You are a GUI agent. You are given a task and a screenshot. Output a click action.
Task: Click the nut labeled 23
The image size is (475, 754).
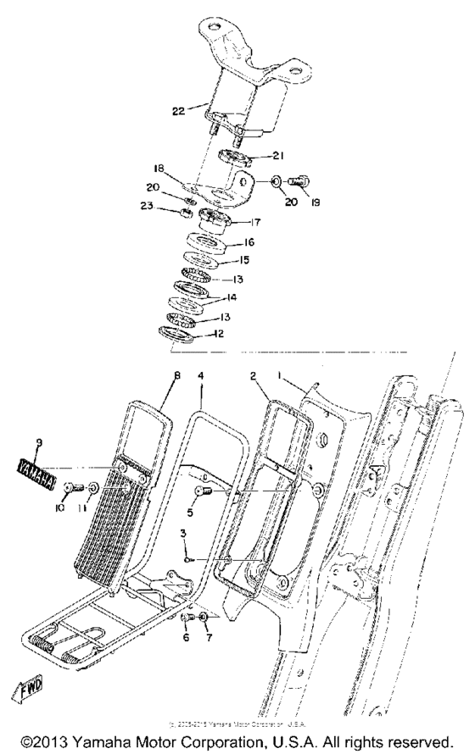click(181, 212)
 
